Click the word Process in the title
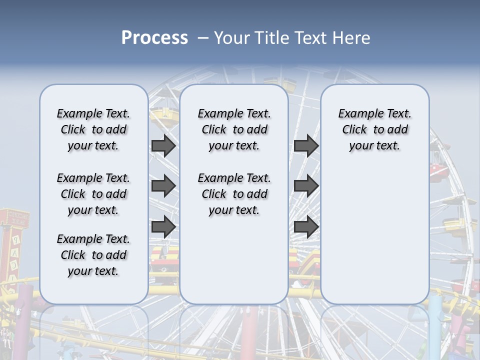point(154,38)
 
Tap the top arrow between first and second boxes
point(163,146)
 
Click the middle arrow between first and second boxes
point(163,186)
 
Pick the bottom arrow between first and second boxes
point(163,226)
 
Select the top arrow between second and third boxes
point(306,146)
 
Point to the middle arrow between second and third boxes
point(306,186)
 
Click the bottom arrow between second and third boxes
point(306,226)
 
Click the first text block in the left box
point(93,129)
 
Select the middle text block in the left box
point(93,194)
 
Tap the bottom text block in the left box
point(93,255)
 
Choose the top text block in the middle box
point(234,129)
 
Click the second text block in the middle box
point(234,194)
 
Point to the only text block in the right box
point(374,129)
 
